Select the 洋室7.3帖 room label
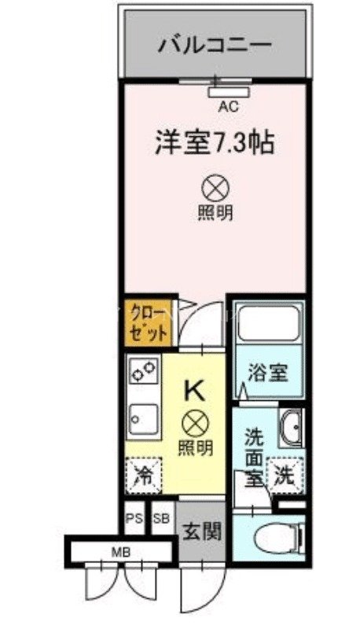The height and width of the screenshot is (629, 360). [x=214, y=146]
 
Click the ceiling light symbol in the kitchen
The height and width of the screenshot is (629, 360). [x=193, y=425]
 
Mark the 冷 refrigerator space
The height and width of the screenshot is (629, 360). [x=143, y=475]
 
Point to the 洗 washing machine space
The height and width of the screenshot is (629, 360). [x=283, y=474]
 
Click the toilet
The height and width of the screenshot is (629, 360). [x=279, y=536]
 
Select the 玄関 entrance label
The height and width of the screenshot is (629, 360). [x=201, y=531]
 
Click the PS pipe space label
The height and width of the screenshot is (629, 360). [x=134, y=518]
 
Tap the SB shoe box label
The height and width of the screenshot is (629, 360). [x=161, y=518]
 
